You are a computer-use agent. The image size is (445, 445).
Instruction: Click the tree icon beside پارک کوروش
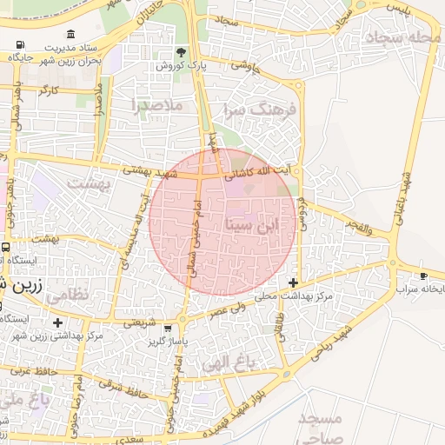pyautogui.click(x=182, y=52)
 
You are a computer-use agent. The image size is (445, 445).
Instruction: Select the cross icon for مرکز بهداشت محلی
pyautogui.click(x=294, y=282)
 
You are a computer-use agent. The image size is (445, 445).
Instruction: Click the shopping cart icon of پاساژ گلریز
pyautogui.click(x=167, y=329)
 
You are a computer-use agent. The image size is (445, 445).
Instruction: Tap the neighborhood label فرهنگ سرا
pyautogui.click(x=261, y=110)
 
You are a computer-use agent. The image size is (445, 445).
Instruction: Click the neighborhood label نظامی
pyautogui.click(x=66, y=295)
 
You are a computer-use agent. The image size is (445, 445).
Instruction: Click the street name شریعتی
pyautogui.click(x=139, y=322)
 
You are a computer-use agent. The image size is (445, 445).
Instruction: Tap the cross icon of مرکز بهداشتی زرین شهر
pyautogui.click(x=57, y=322)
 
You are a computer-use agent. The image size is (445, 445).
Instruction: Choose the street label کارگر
pyautogui.click(x=47, y=90)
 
